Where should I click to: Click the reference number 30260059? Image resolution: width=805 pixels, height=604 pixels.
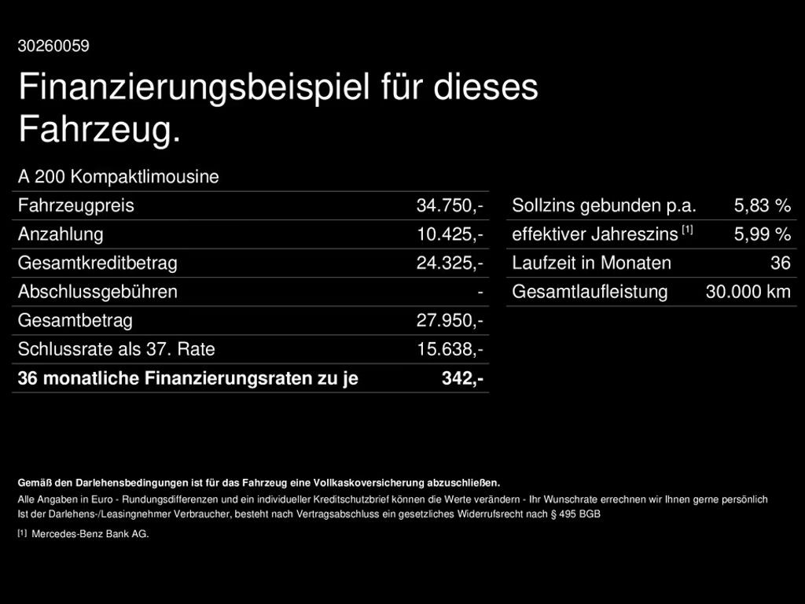pos(53,46)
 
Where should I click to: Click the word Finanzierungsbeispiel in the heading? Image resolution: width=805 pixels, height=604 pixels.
pos(194,87)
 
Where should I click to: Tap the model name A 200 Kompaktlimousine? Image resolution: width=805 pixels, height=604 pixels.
pos(118,177)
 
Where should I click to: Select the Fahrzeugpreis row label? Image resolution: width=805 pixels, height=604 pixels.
pos(75,206)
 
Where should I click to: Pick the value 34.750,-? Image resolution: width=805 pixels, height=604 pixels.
pos(449,206)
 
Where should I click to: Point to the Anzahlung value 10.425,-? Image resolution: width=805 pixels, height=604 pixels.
pos(449,234)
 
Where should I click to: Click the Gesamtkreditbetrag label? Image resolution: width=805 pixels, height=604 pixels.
pos(97,263)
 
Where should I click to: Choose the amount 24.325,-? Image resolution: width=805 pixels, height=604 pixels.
pos(449,263)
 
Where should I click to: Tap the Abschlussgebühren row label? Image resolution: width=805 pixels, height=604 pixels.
pos(97,292)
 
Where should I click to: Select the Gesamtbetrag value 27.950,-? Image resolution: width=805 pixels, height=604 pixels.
pos(449,321)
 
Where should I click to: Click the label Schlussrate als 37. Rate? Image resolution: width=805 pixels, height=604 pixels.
pos(116,349)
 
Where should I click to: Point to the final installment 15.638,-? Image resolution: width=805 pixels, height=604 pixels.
pos(449,349)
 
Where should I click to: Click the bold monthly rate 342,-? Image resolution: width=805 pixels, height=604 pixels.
pos(462,378)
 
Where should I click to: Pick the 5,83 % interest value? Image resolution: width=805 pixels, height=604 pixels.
pos(762,206)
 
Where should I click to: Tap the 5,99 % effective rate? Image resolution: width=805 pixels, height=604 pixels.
pos(762,234)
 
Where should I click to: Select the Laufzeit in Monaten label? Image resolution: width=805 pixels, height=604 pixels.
pos(591,263)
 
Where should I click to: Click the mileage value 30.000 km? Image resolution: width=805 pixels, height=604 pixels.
pos(748,292)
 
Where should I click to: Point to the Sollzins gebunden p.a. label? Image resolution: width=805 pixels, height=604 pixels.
pos(604,206)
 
